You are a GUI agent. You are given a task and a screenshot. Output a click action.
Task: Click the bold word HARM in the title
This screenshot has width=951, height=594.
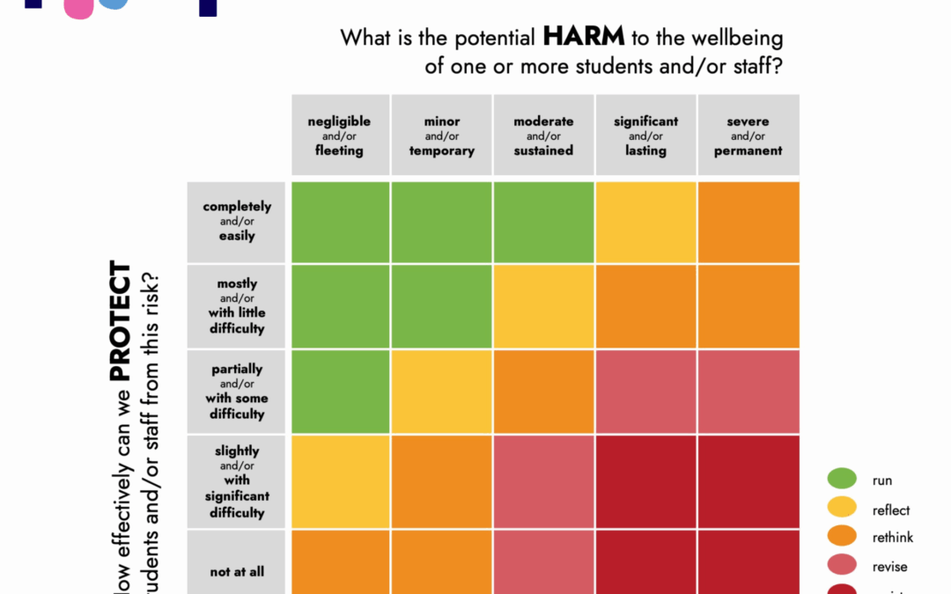click(x=584, y=37)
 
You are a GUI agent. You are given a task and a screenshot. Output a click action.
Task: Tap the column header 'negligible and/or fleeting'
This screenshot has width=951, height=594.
click(x=340, y=136)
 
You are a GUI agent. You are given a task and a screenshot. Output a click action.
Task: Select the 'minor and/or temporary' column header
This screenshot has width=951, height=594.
click(x=442, y=136)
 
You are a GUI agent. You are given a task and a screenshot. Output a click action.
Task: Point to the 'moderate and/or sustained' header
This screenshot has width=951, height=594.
click(x=543, y=136)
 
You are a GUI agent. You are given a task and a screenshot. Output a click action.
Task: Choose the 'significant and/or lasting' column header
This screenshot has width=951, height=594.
click(x=646, y=136)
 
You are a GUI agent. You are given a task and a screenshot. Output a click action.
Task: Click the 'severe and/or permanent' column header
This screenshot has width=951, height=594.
click(x=748, y=136)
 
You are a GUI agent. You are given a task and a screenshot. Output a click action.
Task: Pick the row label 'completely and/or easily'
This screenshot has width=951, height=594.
click(x=237, y=221)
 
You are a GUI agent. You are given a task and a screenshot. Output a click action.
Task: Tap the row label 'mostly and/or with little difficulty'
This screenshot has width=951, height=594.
click(x=237, y=306)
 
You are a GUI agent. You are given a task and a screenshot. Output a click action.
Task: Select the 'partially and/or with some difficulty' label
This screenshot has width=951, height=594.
click(x=237, y=392)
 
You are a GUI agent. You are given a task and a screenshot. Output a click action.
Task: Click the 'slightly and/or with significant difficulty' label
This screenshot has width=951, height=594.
click(x=237, y=481)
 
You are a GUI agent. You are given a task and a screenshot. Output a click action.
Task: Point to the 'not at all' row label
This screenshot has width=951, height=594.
click(x=237, y=572)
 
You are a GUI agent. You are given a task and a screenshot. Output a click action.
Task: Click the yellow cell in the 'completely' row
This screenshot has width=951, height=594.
click(x=646, y=222)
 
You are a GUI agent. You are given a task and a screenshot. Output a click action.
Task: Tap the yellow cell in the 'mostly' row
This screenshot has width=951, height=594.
click(x=543, y=306)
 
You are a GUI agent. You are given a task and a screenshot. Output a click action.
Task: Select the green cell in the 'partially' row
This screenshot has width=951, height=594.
click(x=340, y=392)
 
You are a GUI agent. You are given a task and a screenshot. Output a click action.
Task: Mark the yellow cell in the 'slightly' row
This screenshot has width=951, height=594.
click(x=340, y=481)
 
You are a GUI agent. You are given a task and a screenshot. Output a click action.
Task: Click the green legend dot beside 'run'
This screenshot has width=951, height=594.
click(x=842, y=480)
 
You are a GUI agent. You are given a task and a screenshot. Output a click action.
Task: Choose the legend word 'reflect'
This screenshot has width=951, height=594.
click(x=891, y=510)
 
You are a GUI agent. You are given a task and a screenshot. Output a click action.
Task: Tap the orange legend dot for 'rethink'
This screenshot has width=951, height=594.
click(x=842, y=537)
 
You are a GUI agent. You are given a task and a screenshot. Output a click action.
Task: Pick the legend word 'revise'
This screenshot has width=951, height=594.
click(x=889, y=567)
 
